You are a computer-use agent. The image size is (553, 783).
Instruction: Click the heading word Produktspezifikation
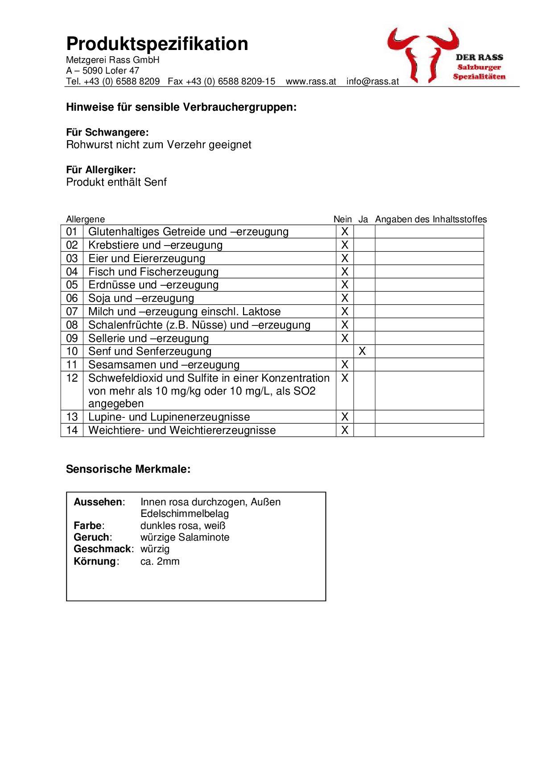tap(157, 44)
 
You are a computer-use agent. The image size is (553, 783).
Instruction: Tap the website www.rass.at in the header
tap(311, 82)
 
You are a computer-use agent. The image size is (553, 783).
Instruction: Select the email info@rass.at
tap(372, 82)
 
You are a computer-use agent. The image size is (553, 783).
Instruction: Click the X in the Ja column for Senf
tap(362, 351)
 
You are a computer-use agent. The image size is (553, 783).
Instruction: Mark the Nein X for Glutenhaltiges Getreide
tap(344, 232)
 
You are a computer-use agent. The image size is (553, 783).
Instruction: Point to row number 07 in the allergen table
tap(72, 312)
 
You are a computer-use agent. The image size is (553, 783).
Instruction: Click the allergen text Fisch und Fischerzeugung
tap(153, 272)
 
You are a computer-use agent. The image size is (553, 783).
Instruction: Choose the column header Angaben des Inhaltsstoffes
tap(431, 219)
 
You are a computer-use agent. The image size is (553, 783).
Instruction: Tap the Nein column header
tap(343, 219)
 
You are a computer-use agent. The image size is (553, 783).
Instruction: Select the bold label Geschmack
tap(103, 549)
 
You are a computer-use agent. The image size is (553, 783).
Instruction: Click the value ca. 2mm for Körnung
tap(160, 561)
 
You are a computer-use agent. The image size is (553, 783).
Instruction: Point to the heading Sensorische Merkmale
tap(128, 469)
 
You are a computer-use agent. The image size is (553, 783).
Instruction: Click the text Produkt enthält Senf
tap(116, 182)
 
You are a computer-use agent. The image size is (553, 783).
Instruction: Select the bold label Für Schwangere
tap(107, 133)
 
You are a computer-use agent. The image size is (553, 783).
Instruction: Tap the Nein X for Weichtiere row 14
tap(344, 430)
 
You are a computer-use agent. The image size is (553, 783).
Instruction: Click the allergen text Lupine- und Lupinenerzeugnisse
tap(169, 417)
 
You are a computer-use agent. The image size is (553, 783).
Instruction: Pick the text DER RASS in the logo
tap(479, 57)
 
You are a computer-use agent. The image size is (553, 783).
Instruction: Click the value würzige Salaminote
tap(185, 537)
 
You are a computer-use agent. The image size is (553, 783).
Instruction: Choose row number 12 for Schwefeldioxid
tap(72, 378)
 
